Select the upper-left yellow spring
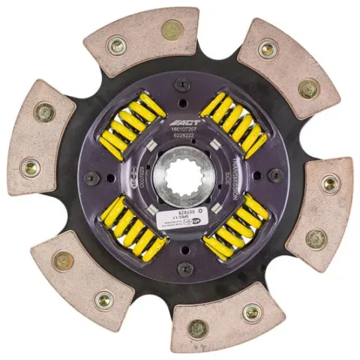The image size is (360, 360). click(133, 124)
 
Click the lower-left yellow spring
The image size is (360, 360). click(133, 232)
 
